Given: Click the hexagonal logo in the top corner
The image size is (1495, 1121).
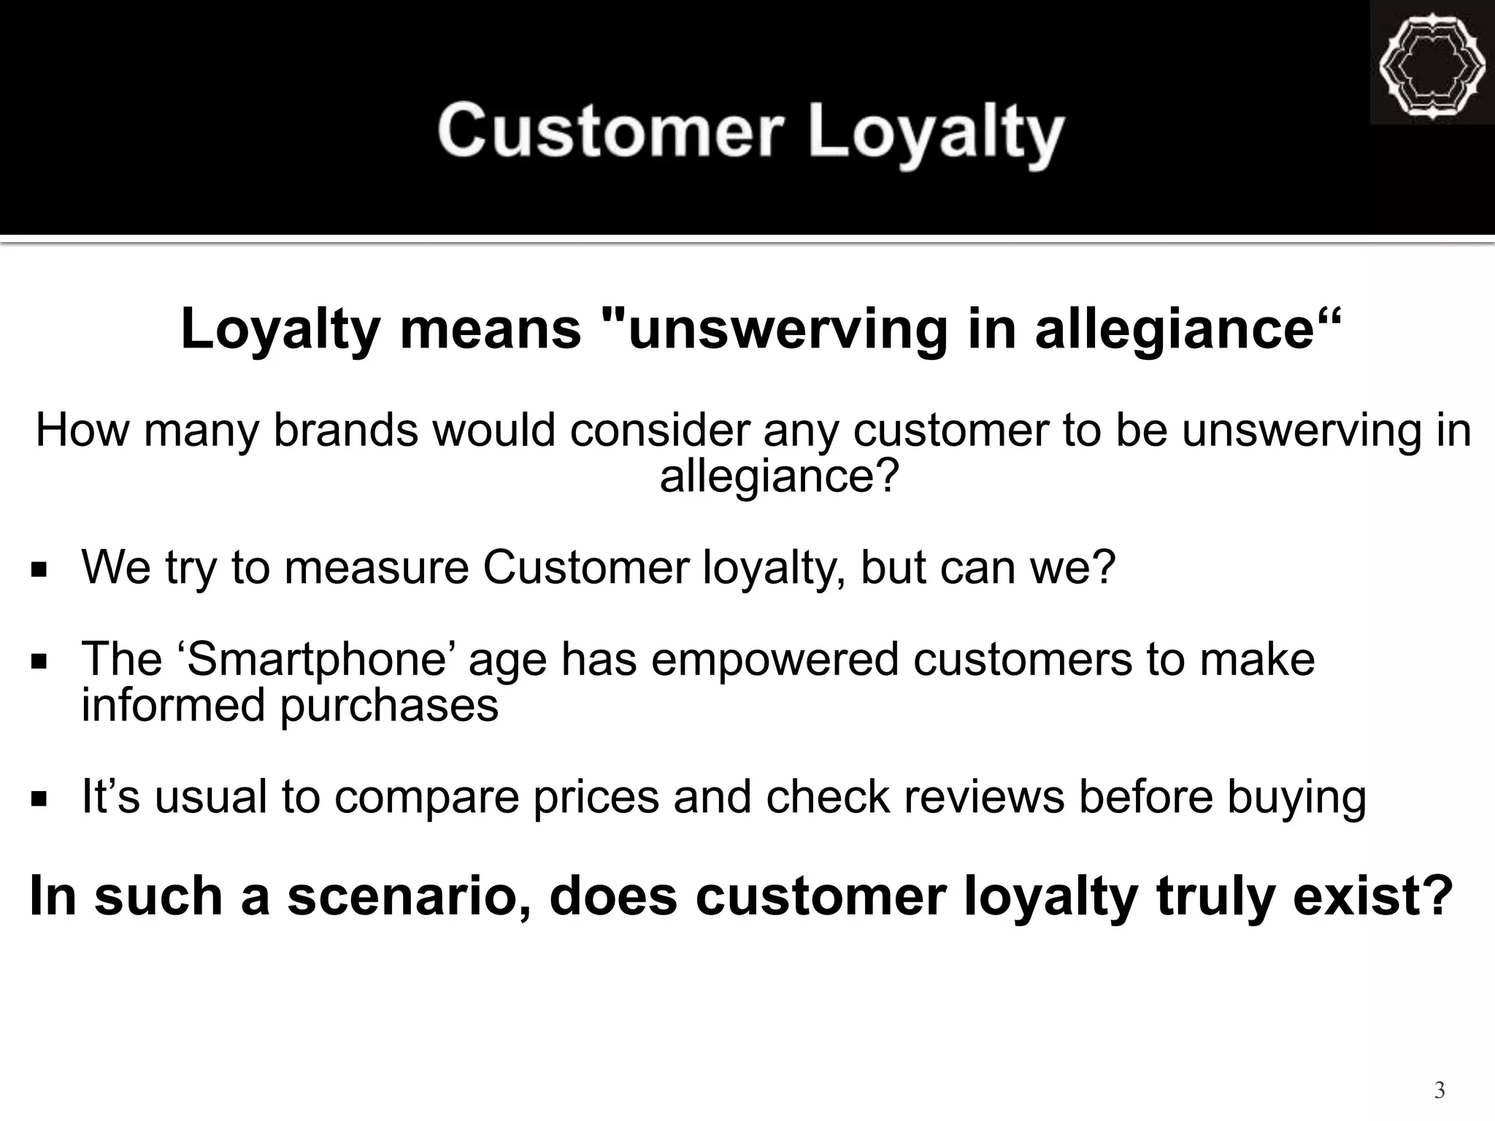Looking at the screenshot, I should point(1431,65).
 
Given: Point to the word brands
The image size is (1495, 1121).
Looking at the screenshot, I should point(346,430).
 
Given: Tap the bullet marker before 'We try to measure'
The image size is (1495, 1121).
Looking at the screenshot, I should point(39,569).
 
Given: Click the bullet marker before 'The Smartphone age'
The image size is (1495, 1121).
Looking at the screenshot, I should point(39,661).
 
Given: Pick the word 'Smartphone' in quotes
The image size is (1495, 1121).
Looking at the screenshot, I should point(322,660).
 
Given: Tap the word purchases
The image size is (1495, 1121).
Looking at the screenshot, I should point(390,706).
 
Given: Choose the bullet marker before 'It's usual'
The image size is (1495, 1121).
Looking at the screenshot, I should point(39,798).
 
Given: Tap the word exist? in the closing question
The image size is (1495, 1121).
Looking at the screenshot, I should point(1373,896).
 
